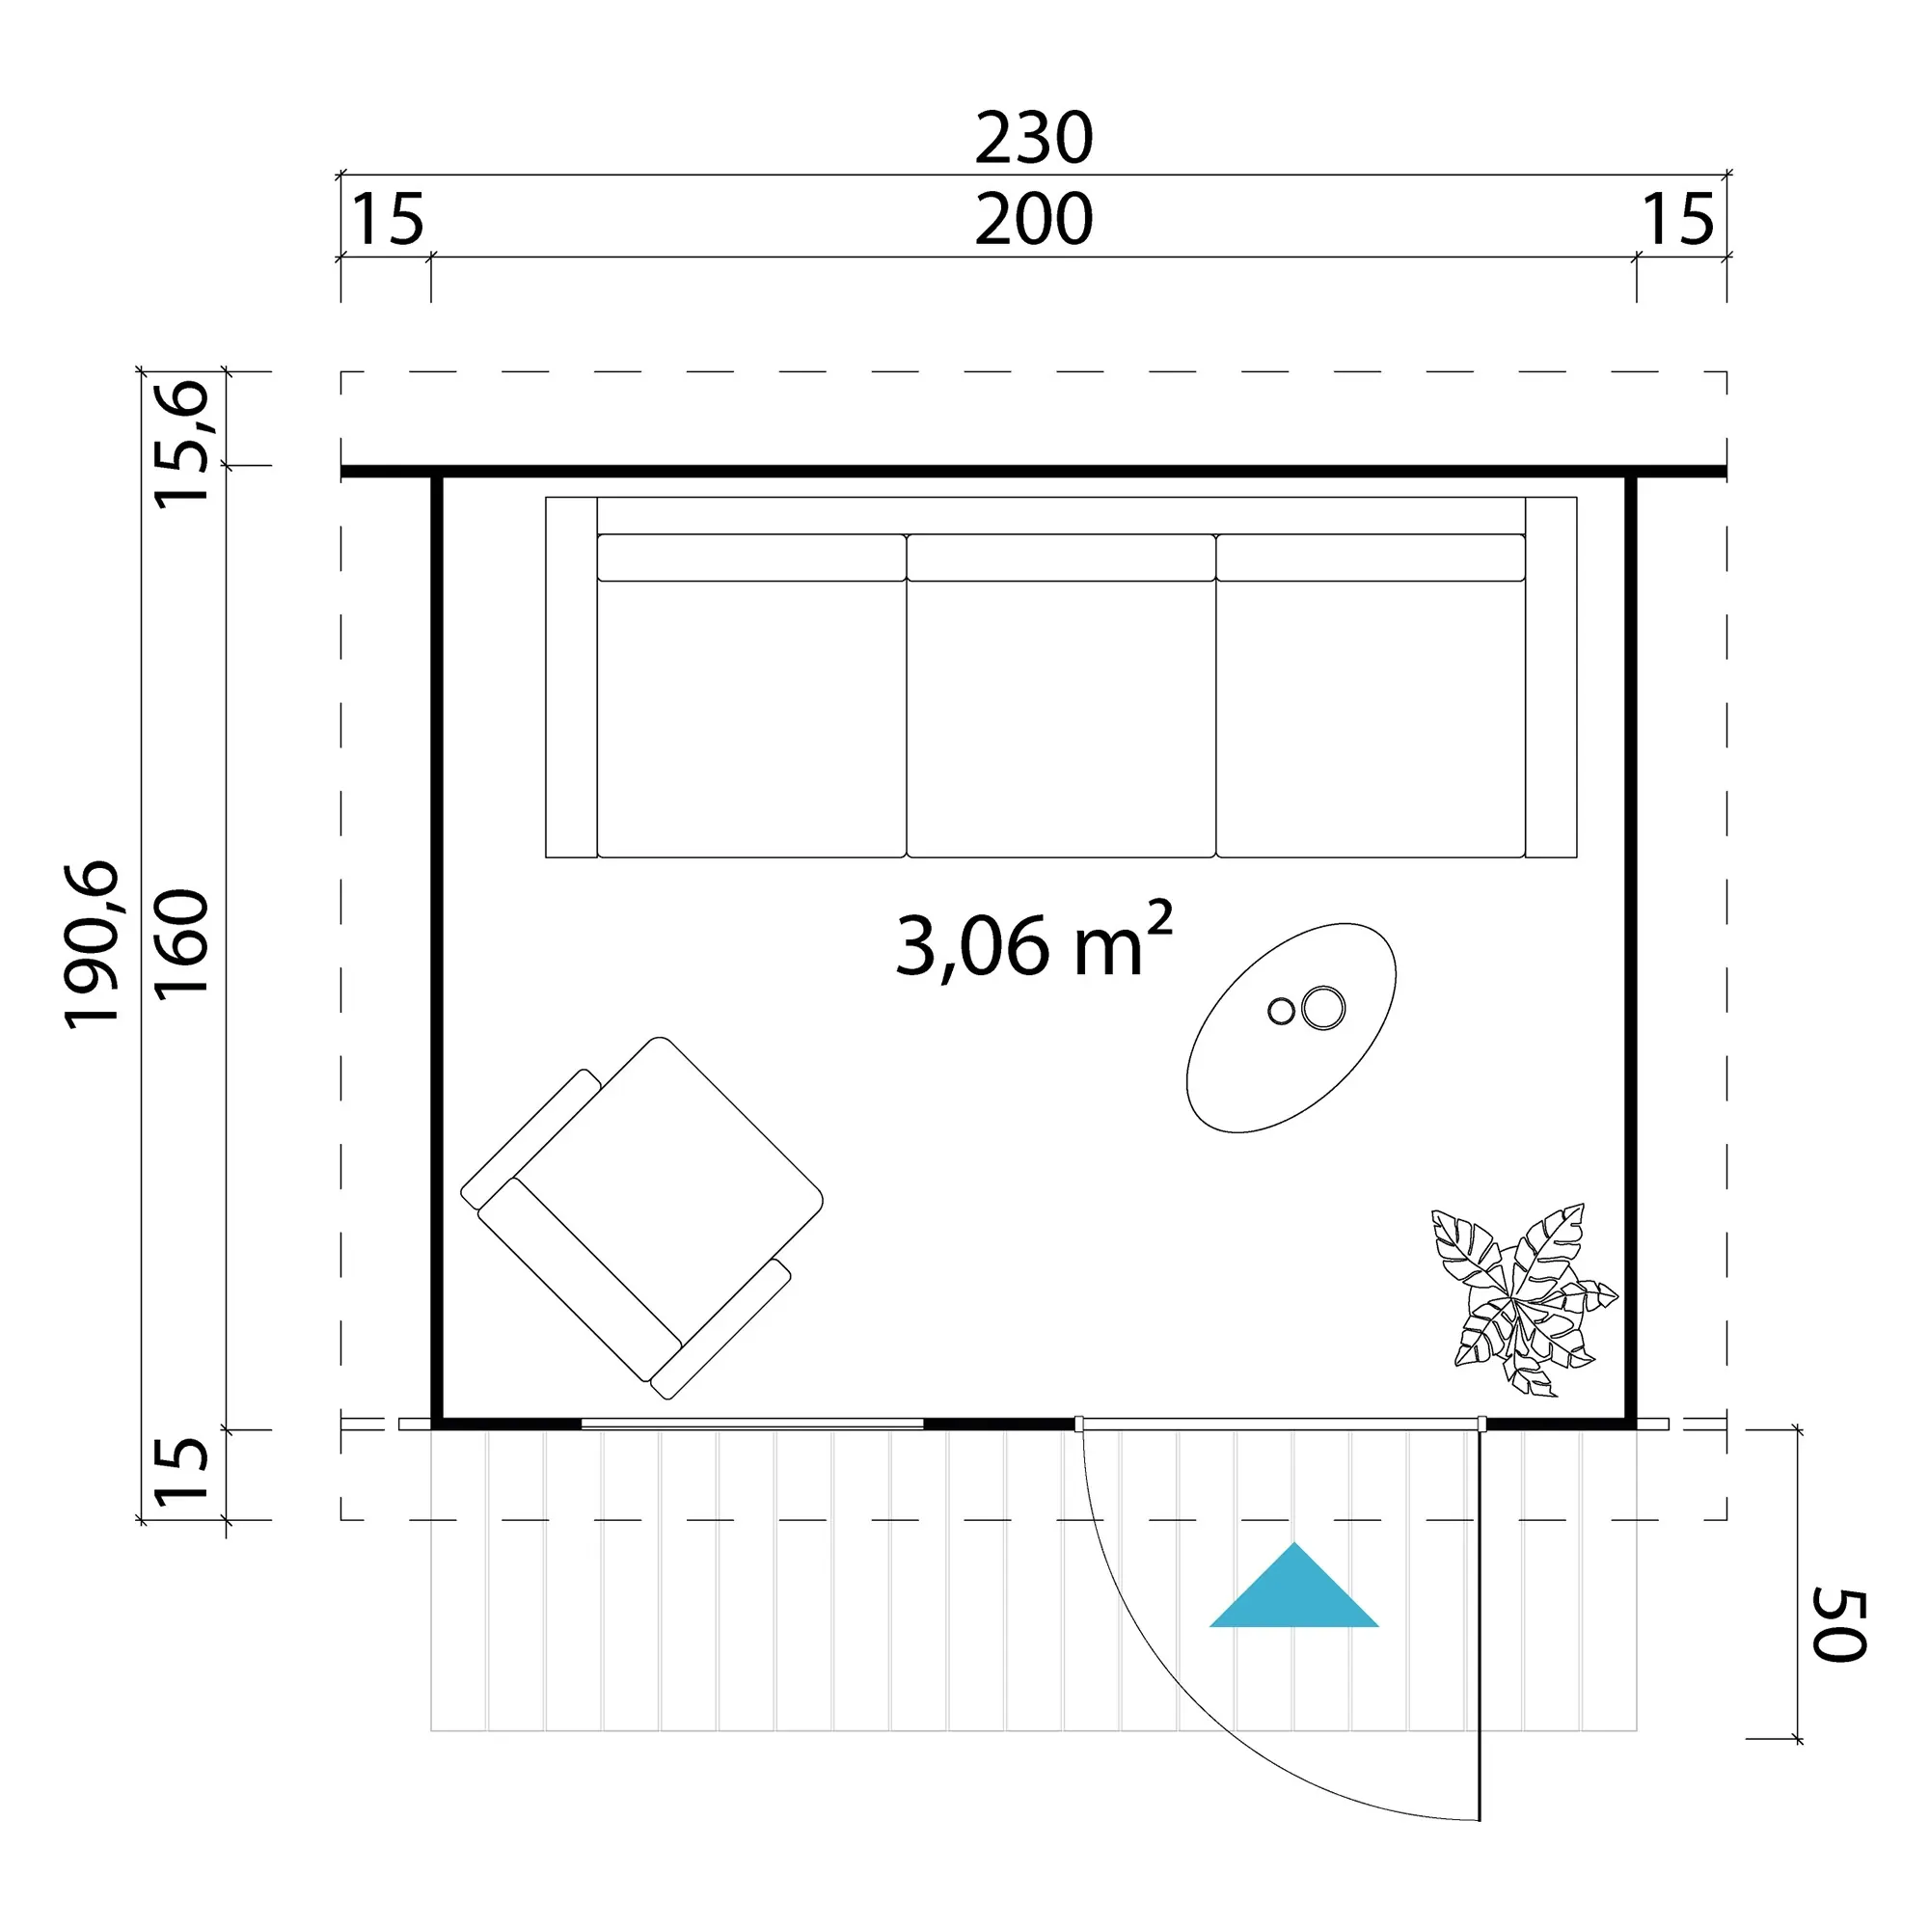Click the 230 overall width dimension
(x=1033, y=138)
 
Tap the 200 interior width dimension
(x=1033, y=220)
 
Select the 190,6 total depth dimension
(x=92, y=944)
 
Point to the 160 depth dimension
(x=181, y=941)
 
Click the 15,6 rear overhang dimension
(x=181, y=444)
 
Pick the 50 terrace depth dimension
(x=1839, y=1625)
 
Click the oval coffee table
(x=1291, y=1027)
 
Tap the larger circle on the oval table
(x=1323, y=1008)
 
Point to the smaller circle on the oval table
(x=1281, y=1011)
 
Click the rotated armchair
(x=642, y=1217)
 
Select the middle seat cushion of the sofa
(x=1061, y=696)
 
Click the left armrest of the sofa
(x=571, y=677)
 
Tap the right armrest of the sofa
(x=1552, y=677)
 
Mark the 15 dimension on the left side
(x=181, y=1470)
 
